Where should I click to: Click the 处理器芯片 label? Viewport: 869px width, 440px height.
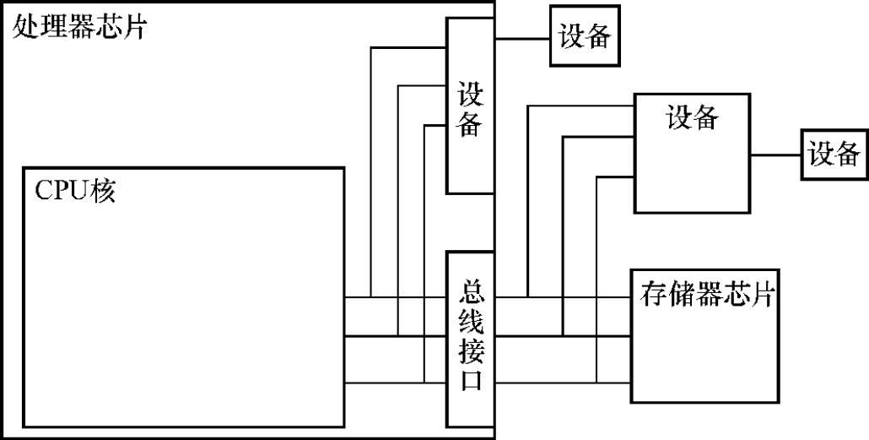[x=80, y=28]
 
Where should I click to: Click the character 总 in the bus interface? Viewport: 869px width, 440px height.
[x=471, y=293]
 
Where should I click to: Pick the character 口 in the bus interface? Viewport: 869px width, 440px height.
[x=471, y=380]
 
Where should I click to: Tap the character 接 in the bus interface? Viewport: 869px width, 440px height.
[x=471, y=350]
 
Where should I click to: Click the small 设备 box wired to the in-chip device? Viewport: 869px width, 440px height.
[x=584, y=36]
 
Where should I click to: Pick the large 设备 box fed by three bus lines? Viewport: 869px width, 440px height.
[x=692, y=152]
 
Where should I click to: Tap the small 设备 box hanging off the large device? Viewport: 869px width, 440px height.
[x=834, y=155]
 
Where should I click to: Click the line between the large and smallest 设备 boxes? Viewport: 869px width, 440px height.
[x=775, y=155]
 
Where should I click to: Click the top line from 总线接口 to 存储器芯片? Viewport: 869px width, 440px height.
[x=582, y=297]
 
